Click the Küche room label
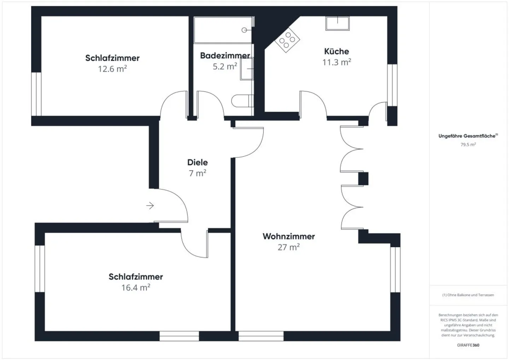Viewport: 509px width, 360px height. [x=337, y=51]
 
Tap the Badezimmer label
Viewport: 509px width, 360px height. [x=225, y=56]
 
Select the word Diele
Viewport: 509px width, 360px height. [x=197, y=162]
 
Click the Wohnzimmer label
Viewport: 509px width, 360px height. [x=288, y=236]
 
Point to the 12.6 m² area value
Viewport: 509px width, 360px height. [x=112, y=69]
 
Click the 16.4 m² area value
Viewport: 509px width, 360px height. [x=135, y=288]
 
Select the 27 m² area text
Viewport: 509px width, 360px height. [x=288, y=247]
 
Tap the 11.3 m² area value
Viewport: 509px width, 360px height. [x=337, y=62]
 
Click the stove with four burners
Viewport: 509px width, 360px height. [x=287, y=40]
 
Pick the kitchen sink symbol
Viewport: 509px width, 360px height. [x=337, y=23]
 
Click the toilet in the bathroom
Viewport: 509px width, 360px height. [x=242, y=101]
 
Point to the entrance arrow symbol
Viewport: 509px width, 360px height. [x=150, y=205]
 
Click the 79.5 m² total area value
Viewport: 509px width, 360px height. [x=468, y=144]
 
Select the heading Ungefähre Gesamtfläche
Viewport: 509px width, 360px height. [x=467, y=136]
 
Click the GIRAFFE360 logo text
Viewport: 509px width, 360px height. [x=468, y=345]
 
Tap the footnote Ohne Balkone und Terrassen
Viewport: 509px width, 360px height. [x=468, y=295]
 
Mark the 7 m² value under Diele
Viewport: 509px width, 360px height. [x=197, y=173]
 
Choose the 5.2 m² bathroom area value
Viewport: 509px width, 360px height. [x=225, y=66]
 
